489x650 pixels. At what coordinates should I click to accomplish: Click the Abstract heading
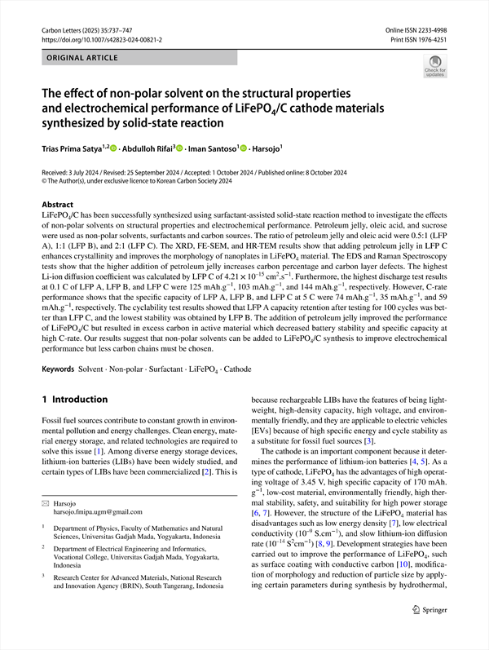click(x=57, y=205)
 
